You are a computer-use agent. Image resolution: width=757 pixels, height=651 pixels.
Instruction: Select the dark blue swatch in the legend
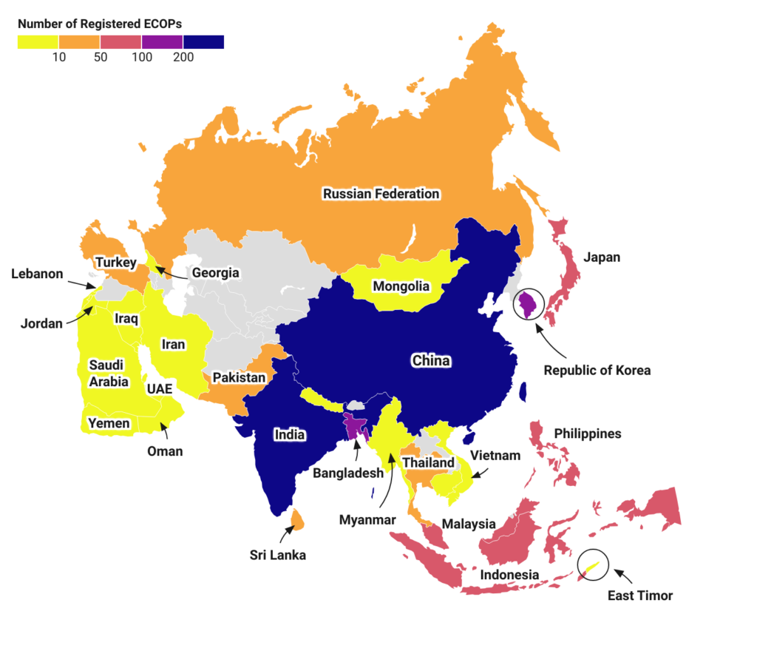point(203,42)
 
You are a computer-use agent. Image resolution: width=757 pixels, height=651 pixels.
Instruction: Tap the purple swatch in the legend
point(162,42)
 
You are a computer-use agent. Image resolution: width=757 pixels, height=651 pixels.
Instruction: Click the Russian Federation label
point(381,194)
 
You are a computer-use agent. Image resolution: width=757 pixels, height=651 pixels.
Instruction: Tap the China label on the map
point(431,361)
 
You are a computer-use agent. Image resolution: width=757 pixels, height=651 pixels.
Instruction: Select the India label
point(289,434)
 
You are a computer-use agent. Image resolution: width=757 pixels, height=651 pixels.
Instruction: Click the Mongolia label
point(401,286)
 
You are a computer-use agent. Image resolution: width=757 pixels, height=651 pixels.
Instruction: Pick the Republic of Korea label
point(597,370)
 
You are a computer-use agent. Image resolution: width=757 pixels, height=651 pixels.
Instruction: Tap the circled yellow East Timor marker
point(591,566)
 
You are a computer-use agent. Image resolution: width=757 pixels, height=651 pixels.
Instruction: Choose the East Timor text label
point(640,595)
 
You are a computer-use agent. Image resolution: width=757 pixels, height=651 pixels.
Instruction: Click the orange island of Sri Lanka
point(298,519)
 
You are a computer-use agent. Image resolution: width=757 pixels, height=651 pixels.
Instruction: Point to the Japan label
point(602,257)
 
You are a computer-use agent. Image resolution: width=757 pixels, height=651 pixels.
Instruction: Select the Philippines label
point(588,434)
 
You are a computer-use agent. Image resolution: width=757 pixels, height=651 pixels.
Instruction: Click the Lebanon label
point(36,274)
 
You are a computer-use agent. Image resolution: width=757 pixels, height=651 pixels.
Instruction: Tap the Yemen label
point(109,423)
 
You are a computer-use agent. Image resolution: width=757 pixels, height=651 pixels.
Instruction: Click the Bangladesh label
point(348,472)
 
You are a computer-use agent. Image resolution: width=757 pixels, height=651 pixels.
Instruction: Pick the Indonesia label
point(509,575)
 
